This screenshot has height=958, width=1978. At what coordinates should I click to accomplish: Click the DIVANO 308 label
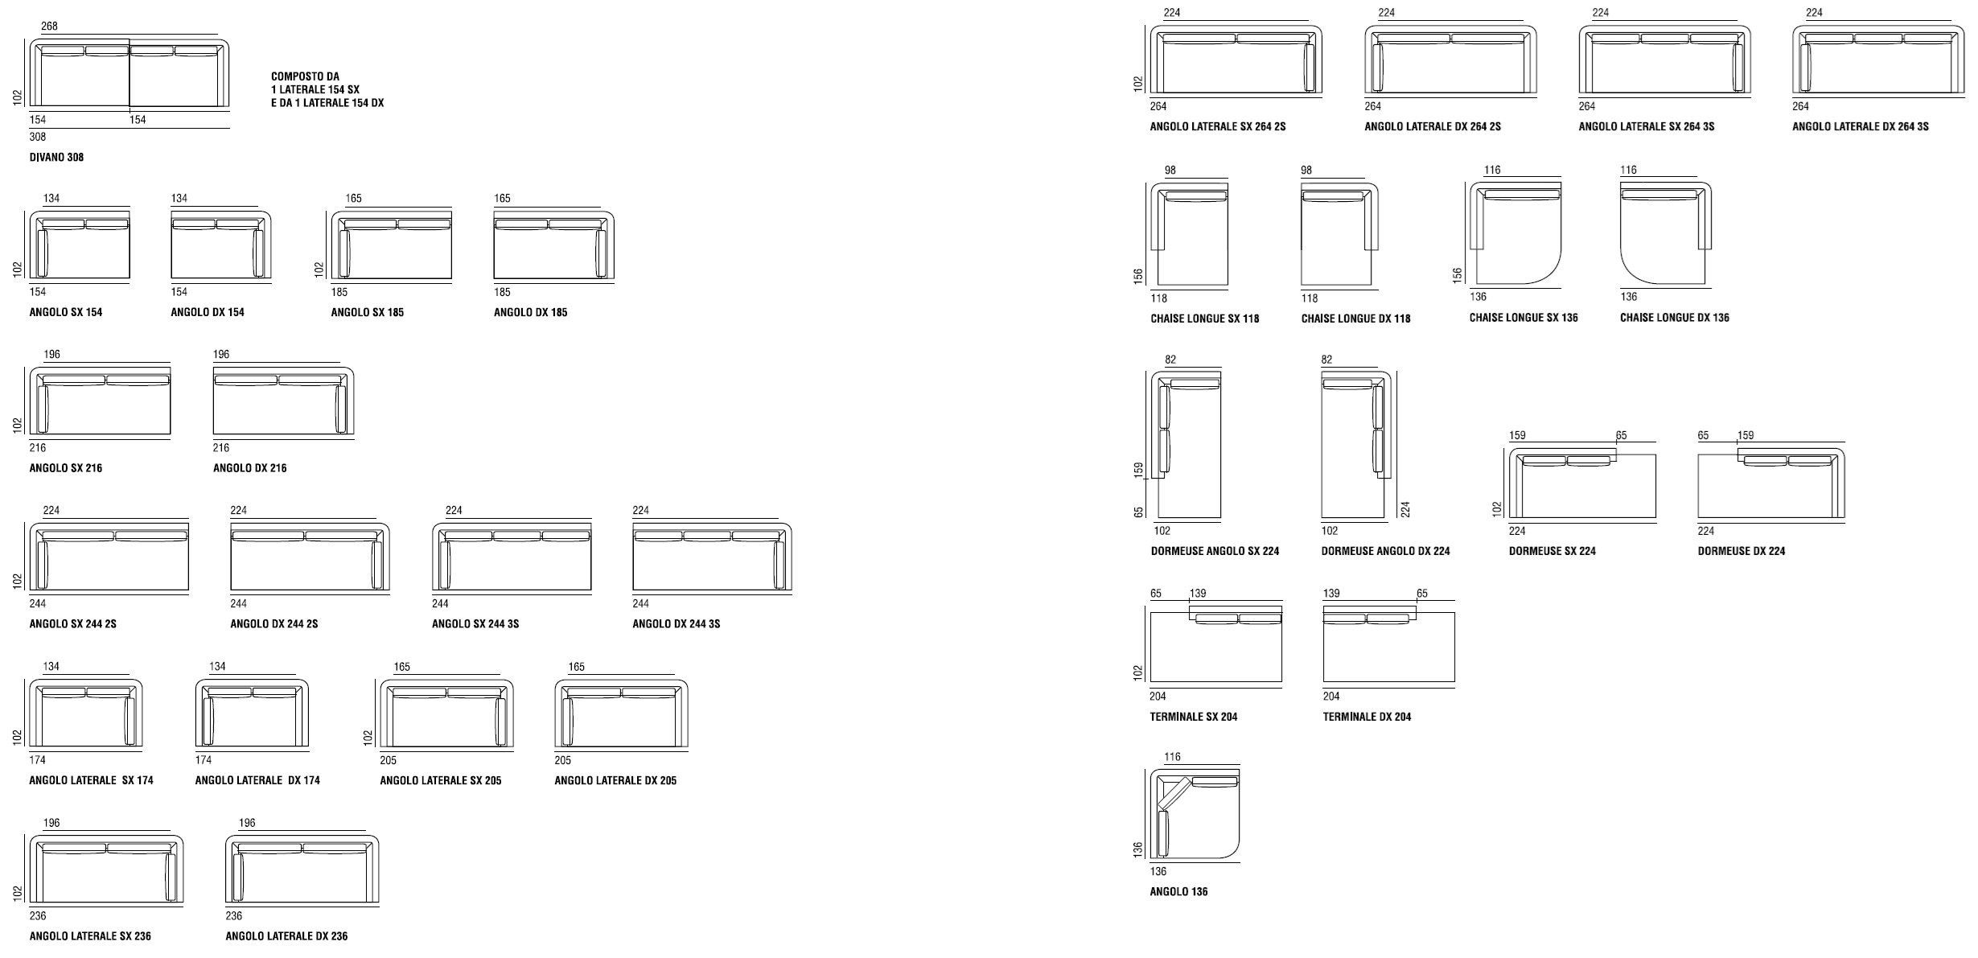pos(56,157)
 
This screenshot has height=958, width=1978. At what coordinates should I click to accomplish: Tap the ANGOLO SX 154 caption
pos(66,312)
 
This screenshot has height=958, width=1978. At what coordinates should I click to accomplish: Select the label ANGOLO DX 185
pos(530,312)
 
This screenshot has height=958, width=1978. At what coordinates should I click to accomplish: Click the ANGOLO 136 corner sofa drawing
pos(1195,814)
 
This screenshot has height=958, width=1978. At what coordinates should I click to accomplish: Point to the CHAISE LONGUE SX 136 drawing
pos(1515,233)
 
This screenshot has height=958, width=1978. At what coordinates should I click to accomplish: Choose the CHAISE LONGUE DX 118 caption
pos(1355,319)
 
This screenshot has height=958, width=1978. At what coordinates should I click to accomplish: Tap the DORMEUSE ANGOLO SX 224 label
pos(1215,551)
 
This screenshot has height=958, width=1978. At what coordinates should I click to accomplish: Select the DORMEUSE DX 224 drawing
pos(1770,483)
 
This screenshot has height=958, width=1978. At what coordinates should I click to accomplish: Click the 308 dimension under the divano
pos(38,137)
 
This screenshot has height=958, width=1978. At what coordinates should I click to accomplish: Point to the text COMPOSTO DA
pos(305,77)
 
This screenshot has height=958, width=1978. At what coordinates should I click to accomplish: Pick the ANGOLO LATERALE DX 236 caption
pos(286,936)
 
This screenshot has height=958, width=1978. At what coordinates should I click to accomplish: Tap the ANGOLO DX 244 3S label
pos(676,623)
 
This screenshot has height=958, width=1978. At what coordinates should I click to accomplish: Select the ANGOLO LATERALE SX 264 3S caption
pos(1646,126)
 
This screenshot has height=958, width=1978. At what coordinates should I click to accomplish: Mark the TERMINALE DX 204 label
pos(1367,717)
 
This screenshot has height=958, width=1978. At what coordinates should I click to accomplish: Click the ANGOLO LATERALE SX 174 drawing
pos(85,713)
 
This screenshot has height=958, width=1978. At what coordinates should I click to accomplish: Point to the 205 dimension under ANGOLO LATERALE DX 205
pos(563,760)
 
